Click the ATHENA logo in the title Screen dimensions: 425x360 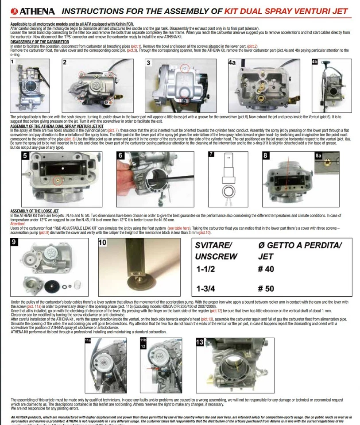(31, 11)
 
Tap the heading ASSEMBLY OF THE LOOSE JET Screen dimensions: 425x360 (34, 211)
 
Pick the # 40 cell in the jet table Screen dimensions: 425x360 (266, 268)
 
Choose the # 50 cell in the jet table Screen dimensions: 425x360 (266, 289)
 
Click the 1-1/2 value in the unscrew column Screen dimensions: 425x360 (207, 268)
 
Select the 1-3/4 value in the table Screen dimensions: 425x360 (207, 289)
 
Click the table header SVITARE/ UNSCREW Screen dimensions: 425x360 (217, 250)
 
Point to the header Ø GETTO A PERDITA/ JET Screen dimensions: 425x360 (299, 250)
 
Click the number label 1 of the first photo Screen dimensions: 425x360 (12, 62)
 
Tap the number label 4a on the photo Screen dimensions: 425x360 (232, 63)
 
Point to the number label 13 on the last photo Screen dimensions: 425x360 (201, 342)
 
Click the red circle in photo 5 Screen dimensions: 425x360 (56, 180)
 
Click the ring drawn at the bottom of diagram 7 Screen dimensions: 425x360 (228, 192)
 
